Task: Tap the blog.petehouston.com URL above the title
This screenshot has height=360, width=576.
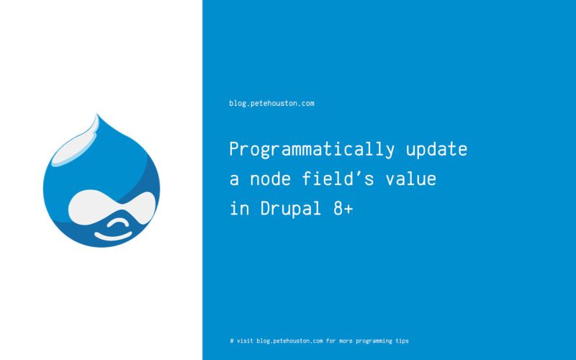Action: tap(271, 104)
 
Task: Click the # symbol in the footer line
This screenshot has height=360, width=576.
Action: tap(231, 341)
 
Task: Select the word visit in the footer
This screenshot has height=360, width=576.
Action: tap(245, 341)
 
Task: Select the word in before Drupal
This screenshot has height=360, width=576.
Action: tap(237, 209)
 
